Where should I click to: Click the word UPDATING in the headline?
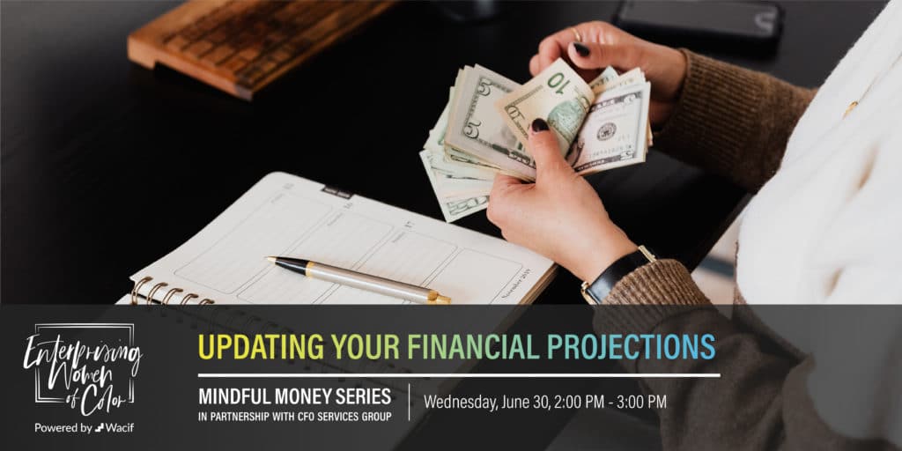pos(261,347)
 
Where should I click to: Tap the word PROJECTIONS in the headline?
pos(631,347)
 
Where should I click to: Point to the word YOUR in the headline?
pos(366,347)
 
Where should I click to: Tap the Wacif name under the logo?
pos(121,428)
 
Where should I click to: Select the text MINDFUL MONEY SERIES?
pos(294,396)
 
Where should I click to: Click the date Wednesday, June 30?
pos(486,402)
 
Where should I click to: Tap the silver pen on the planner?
pos(358,279)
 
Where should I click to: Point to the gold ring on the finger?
pos(576,35)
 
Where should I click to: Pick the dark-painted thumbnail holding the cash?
pos(540,125)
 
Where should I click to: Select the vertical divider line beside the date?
pos(409,402)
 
